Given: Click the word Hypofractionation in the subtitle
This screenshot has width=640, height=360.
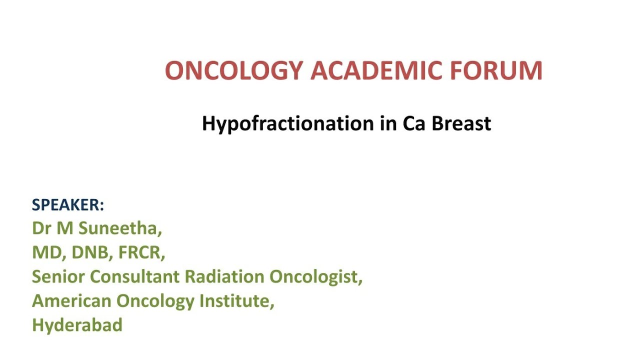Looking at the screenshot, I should tap(287, 123).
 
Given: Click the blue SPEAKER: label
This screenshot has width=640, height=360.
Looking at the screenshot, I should tap(68, 205).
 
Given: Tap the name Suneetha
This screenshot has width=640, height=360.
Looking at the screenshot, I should tap(120, 228).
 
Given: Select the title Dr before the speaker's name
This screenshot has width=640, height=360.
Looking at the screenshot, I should tap(41, 228).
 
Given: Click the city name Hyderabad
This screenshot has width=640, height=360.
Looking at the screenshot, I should tap(77, 325).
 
